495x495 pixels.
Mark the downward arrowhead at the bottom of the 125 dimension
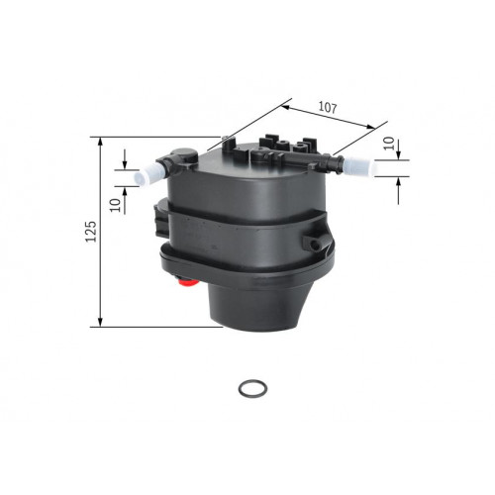101,322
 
